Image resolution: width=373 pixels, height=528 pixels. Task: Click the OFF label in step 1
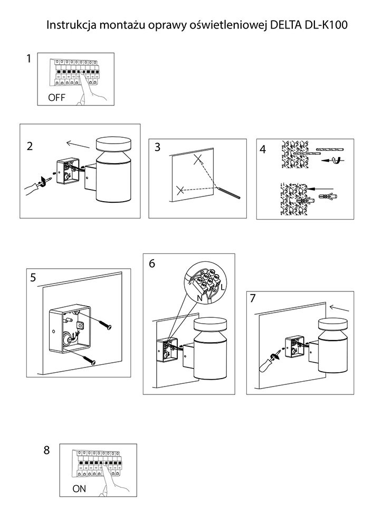pos(56,97)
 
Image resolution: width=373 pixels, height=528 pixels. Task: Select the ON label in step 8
pos(79,489)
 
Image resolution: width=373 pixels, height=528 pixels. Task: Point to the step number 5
pos(33,278)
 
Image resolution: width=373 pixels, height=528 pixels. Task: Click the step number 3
pos(157,147)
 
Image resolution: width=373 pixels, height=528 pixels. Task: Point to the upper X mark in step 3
pos(198,160)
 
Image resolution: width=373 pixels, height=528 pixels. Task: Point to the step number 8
pos(47,450)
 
